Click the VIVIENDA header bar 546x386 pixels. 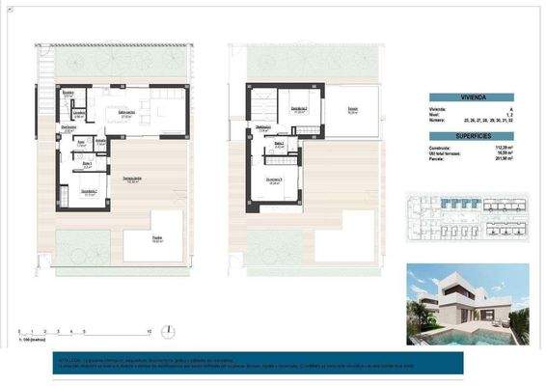point(478,97)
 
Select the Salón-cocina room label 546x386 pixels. point(125,113)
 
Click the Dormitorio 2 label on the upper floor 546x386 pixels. point(299,109)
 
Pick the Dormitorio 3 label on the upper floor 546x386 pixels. point(274,179)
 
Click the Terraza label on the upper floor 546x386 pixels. point(353,110)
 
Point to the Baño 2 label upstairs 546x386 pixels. point(278,143)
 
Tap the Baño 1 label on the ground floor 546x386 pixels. point(86,163)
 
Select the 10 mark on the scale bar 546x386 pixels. point(149,332)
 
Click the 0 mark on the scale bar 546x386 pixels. point(20,332)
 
